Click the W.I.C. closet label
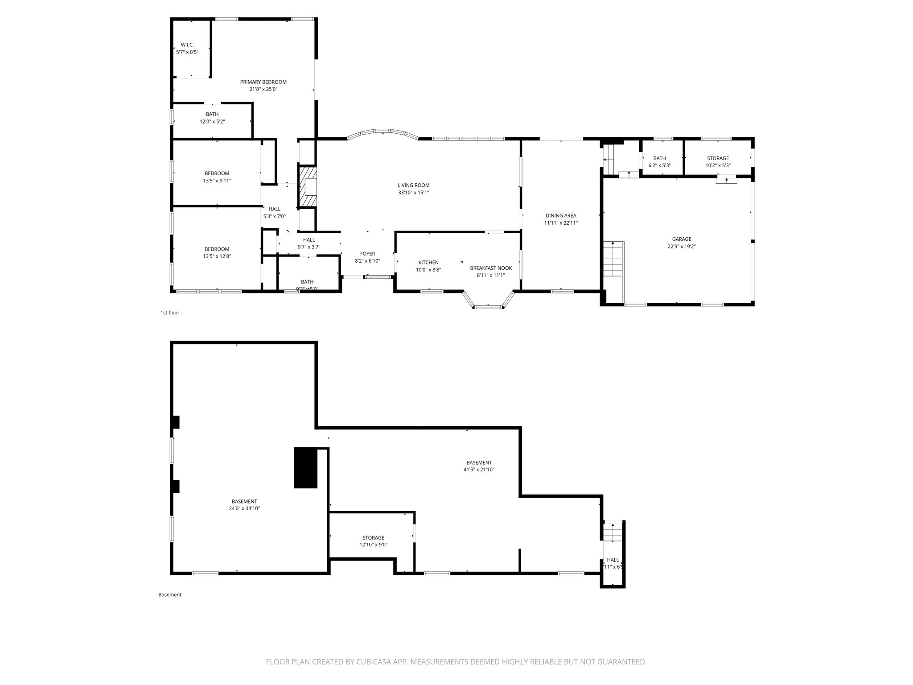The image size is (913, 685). [x=187, y=45]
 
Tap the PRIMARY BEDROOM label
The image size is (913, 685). [x=263, y=82]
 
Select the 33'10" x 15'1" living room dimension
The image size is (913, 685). [x=413, y=193]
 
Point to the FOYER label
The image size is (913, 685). [x=367, y=254]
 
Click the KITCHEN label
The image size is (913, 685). [x=428, y=262]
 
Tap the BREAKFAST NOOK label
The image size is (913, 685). [x=490, y=268]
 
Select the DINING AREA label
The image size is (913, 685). [x=560, y=216]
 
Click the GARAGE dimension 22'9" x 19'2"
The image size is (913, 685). [x=681, y=246]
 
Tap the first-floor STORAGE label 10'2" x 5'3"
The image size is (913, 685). [x=718, y=158]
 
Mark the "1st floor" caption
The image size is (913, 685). [x=170, y=313]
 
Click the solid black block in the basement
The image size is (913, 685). [x=305, y=468]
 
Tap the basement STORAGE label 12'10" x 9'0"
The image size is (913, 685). [x=373, y=538]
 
